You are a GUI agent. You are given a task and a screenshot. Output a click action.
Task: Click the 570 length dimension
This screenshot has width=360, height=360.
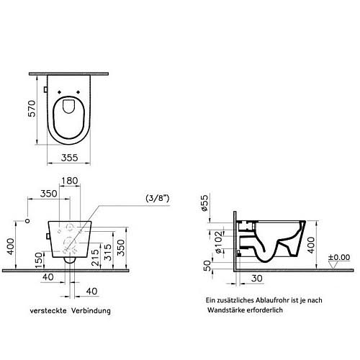click(x=32, y=109)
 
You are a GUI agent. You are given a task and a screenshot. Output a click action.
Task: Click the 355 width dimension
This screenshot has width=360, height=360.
click(x=70, y=158)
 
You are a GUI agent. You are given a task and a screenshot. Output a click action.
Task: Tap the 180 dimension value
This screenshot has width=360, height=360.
click(x=70, y=181)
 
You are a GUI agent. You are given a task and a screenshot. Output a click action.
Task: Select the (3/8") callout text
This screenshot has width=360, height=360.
click(x=158, y=198)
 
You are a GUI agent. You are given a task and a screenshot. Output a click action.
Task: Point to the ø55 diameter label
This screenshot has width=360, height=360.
click(x=204, y=203)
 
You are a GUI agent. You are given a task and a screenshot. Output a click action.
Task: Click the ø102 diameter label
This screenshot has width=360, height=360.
click(x=218, y=243)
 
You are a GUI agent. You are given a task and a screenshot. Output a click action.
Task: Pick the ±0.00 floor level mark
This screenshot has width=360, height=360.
click(x=339, y=257)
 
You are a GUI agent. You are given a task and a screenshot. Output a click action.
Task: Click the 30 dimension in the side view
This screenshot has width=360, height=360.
click(x=257, y=279)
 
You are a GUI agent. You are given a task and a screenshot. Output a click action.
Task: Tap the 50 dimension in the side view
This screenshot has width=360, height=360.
click(x=207, y=266)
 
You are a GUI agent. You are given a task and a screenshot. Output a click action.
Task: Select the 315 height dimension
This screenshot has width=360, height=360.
click(x=108, y=252)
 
